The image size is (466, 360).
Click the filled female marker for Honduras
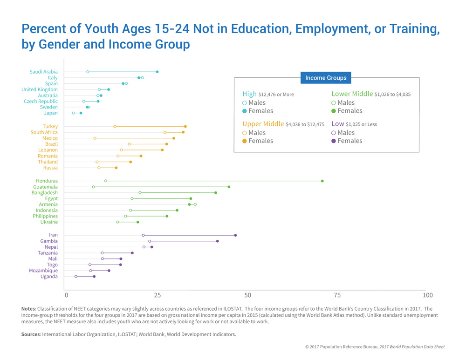(322, 181)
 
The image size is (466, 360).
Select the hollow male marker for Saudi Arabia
(88, 72)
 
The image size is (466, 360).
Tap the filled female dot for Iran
(235, 235)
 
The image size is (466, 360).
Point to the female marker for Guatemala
(229, 187)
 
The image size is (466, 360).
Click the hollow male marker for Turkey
(115, 126)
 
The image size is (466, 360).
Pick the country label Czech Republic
(41, 101)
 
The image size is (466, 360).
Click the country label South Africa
(44, 132)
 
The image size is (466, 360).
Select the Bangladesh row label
(44, 192)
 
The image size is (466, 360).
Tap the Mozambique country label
(43, 271)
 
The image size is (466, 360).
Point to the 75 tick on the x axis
(337, 295)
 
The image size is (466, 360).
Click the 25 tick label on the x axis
(158, 295)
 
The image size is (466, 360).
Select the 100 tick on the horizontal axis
(427, 295)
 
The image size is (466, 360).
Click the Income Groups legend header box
(326, 78)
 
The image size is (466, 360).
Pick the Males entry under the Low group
(346, 133)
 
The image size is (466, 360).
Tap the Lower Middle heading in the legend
(351, 94)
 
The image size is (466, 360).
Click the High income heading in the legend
(249, 94)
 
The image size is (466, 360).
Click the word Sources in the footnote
(30, 334)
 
